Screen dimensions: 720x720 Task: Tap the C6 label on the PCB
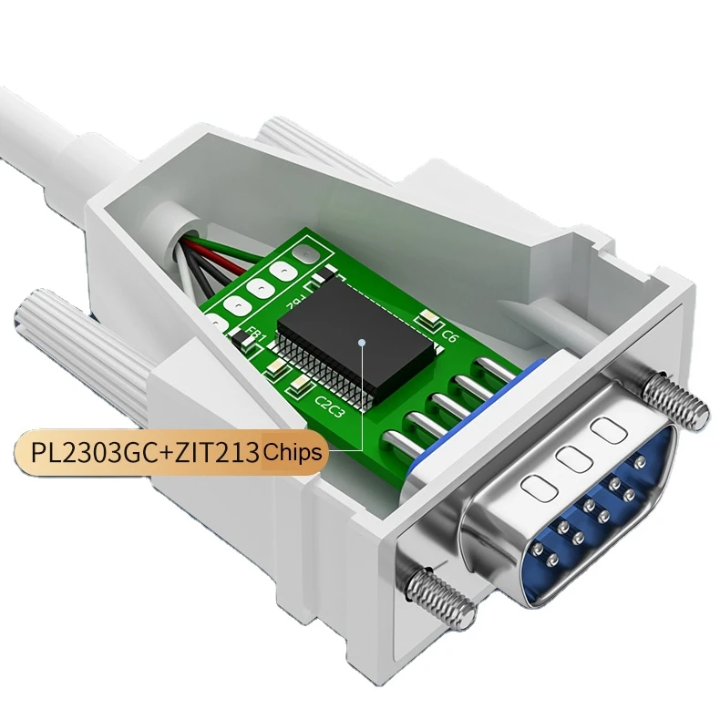[x=448, y=334]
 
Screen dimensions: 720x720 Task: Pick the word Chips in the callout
[x=291, y=451]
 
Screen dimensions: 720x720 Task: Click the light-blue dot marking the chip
[x=362, y=343]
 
